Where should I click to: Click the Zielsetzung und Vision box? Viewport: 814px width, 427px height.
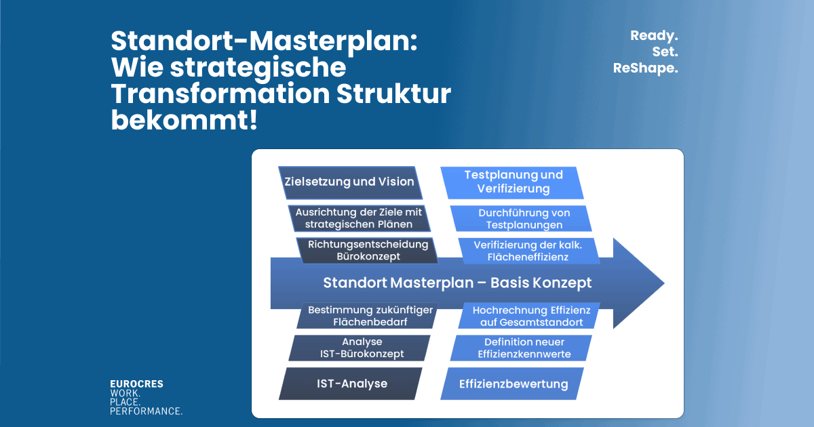(349, 182)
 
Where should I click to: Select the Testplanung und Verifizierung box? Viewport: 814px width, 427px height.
(512, 182)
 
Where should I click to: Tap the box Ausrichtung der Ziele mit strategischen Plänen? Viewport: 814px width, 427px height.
(358, 218)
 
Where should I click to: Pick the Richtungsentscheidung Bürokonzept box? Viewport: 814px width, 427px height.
(368, 250)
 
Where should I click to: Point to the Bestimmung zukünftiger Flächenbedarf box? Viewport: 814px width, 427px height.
(366, 316)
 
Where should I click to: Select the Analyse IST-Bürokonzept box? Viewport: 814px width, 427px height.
(361, 348)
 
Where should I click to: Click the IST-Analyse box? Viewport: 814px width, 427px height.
(351, 384)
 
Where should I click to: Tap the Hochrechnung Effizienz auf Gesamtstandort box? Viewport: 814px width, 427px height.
(531, 316)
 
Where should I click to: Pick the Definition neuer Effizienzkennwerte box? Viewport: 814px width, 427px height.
(524, 348)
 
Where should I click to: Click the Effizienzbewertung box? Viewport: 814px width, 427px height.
(513, 384)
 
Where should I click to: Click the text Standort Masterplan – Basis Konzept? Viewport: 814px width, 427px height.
(457, 283)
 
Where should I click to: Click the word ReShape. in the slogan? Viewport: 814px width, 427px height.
(645, 68)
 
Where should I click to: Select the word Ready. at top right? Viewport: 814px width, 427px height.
(655, 35)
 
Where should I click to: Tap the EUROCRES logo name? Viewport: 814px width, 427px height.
(136, 384)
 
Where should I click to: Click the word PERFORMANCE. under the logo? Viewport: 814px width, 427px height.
(146, 411)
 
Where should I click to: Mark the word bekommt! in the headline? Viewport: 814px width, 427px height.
(184, 121)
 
